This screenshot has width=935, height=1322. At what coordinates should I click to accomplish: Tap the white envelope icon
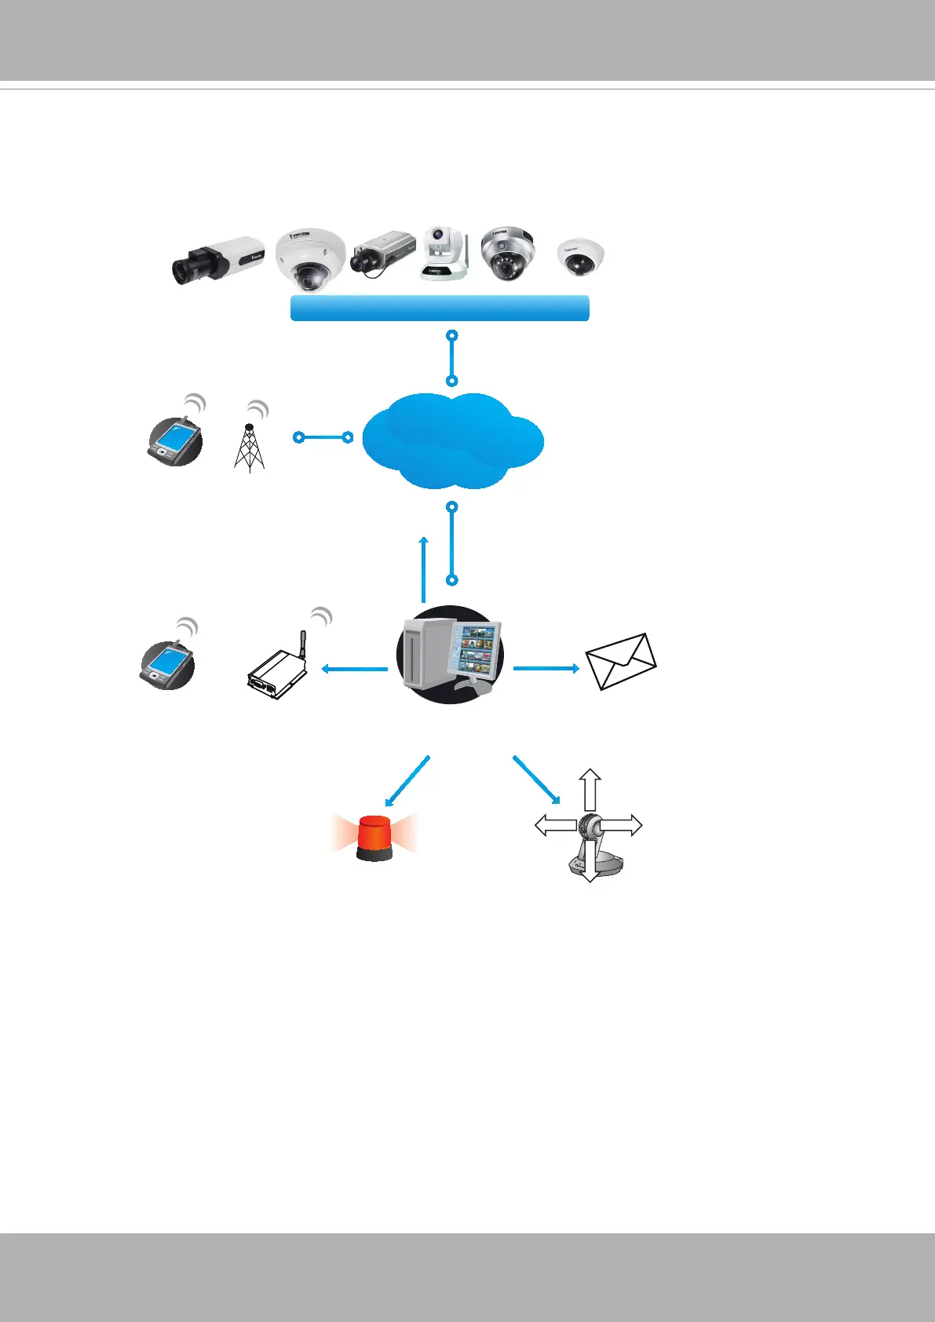coord(621,661)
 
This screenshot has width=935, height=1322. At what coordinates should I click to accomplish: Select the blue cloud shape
coord(452,440)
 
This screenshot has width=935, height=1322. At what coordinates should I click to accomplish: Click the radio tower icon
coord(249,447)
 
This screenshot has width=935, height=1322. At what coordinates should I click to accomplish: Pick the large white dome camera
coord(310,257)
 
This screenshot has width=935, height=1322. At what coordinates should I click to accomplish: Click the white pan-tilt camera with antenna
coord(444,254)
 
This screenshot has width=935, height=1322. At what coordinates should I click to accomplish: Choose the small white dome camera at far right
coord(581,257)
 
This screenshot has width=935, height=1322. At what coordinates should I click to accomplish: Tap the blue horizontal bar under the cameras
coord(440,308)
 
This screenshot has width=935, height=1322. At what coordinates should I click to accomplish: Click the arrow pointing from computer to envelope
coord(546,668)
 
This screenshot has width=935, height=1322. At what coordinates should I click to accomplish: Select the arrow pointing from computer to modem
coord(355,669)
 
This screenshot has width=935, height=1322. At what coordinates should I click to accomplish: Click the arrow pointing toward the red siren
coord(407,781)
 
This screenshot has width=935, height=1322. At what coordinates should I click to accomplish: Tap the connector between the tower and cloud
coord(323,437)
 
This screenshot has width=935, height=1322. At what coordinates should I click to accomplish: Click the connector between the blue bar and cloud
coord(451,358)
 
